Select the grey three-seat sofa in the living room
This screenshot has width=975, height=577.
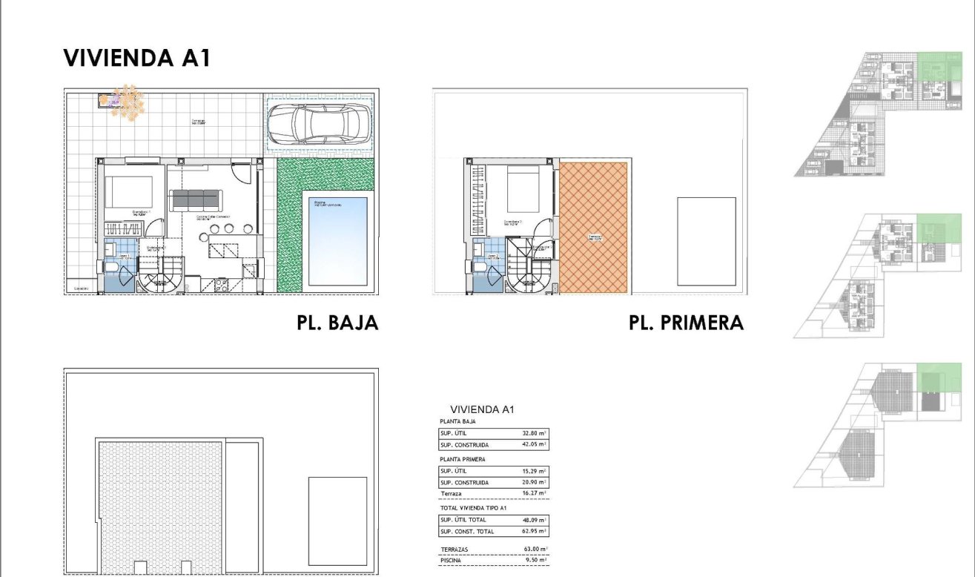(x=196, y=199)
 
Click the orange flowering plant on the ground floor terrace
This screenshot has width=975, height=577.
(x=128, y=102)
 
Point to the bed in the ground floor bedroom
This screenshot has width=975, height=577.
(x=129, y=193)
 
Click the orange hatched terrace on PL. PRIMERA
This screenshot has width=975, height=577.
(x=594, y=226)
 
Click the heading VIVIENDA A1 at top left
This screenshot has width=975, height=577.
(x=137, y=59)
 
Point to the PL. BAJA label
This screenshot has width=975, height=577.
(x=337, y=323)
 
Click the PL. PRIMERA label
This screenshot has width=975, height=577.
(x=686, y=323)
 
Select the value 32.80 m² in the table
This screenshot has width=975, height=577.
(x=532, y=433)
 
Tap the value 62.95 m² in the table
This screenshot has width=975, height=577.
(x=532, y=532)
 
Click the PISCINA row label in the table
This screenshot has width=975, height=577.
(x=452, y=561)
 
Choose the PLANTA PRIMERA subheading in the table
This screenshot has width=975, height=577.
(x=463, y=459)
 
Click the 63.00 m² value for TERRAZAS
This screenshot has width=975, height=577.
(x=532, y=550)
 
